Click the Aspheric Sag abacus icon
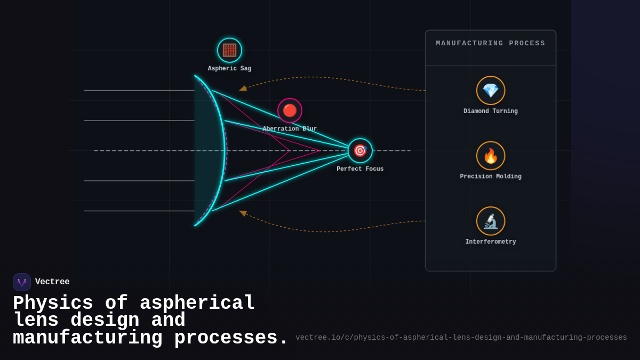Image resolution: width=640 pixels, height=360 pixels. pyautogui.click(x=229, y=50)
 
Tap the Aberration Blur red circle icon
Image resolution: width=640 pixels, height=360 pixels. pyautogui.click(x=290, y=110)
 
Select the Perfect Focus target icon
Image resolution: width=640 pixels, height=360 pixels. pyautogui.click(x=360, y=150)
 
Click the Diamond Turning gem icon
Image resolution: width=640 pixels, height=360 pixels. pyautogui.click(x=491, y=90)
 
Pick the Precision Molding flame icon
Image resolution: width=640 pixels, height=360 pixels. pyautogui.click(x=491, y=156)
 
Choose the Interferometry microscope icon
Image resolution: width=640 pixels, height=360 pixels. pyautogui.click(x=491, y=221)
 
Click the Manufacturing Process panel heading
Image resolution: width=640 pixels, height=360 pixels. pyautogui.click(x=491, y=43)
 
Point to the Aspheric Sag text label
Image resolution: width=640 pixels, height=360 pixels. pyautogui.click(x=229, y=69)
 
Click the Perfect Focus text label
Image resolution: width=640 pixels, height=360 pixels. pyautogui.click(x=360, y=169)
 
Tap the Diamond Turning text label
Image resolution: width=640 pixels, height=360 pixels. pyautogui.click(x=491, y=111)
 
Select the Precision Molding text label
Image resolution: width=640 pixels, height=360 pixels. pyautogui.click(x=491, y=177)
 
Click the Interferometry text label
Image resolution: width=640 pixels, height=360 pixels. pyautogui.click(x=491, y=242)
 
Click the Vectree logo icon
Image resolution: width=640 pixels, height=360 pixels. pyautogui.click(x=22, y=282)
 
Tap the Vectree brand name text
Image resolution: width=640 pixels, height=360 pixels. pyautogui.click(x=52, y=282)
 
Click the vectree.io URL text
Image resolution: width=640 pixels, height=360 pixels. pyautogui.click(x=461, y=338)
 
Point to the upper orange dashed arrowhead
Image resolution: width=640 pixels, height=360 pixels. pyautogui.click(x=243, y=89)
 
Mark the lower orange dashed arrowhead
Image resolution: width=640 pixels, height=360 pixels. pyautogui.click(x=243, y=213)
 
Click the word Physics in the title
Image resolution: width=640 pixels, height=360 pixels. pyautogui.click(x=53, y=303)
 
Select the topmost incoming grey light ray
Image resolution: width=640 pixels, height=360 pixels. pyautogui.click(x=139, y=90)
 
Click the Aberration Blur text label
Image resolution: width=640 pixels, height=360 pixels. pyautogui.click(x=290, y=129)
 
